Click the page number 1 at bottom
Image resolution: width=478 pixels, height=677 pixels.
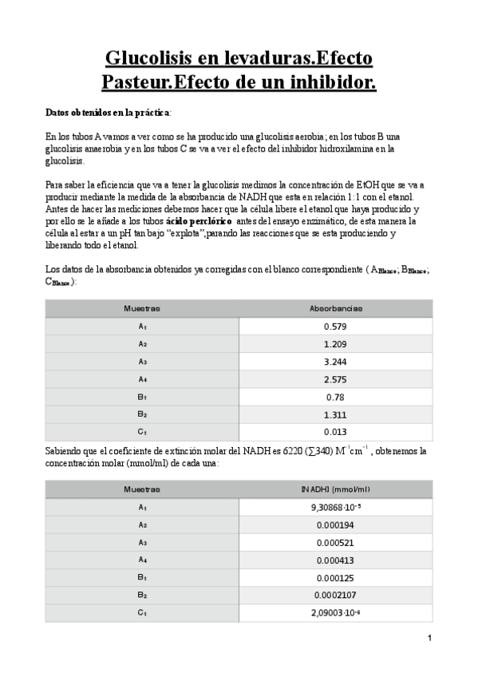tap(429, 638)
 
